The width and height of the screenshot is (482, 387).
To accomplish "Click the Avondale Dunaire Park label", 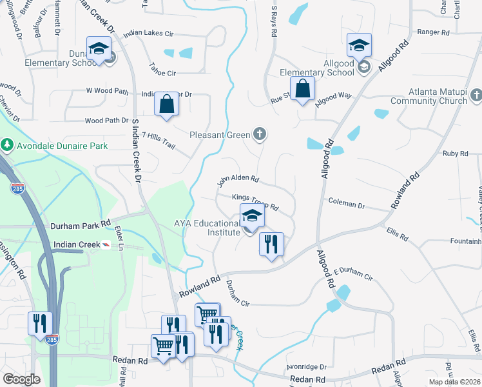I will [x=63, y=146].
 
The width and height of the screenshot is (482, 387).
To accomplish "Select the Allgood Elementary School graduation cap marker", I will [x=359, y=45].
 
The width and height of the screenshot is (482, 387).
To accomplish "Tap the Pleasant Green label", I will [x=220, y=135].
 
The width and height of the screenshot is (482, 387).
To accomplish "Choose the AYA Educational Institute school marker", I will [x=252, y=216].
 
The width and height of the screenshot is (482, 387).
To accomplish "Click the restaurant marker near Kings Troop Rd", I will [x=271, y=244].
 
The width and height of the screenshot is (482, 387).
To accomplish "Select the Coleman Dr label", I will [x=346, y=204].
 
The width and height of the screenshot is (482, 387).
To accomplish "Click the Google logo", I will [x=22, y=379].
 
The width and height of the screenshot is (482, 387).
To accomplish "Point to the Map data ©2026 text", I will [x=454, y=382].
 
